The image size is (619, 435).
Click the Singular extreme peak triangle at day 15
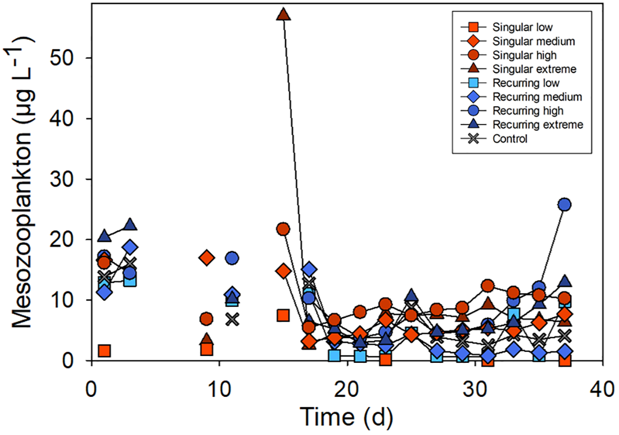tap(284, 15)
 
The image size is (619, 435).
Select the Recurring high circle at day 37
tap(564, 204)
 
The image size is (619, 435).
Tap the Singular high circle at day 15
tap(283, 229)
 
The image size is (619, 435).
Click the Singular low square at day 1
tap(104, 351)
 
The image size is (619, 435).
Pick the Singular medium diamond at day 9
tap(207, 258)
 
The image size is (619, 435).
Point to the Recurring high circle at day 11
tap(232, 258)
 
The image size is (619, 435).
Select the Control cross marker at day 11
tap(232, 319)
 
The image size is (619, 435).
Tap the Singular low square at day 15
tap(283, 315)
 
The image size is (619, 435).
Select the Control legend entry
tap(509, 139)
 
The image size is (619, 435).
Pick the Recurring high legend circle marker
tap(473, 111)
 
